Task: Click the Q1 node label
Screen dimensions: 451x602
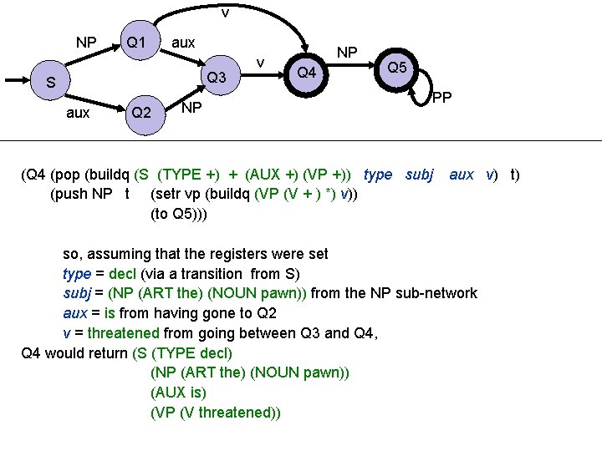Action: point(135,43)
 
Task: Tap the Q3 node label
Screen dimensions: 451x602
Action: point(217,78)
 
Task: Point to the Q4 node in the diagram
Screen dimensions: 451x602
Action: point(307,73)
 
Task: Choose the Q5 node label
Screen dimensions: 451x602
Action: point(397,66)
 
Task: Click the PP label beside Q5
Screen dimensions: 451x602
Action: point(442,99)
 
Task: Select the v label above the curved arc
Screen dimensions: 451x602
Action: point(225,13)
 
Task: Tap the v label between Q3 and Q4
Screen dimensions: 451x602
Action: point(261,63)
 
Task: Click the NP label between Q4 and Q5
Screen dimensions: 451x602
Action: point(346,53)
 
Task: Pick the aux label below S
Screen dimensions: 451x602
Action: point(78,113)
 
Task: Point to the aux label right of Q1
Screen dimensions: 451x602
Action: point(183,43)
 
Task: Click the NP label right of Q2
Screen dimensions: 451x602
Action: point(191,107)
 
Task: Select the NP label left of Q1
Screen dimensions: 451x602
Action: point(86,43)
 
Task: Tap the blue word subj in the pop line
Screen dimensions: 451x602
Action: point(419,175)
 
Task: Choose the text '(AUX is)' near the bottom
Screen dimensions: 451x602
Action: point(178,393)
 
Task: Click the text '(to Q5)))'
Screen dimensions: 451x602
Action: point(179,215)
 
